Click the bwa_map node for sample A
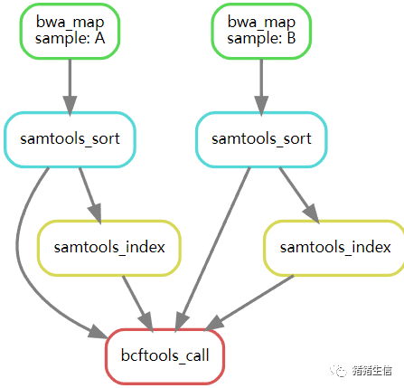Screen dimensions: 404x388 [70, 31]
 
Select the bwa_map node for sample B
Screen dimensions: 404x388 [261, 31]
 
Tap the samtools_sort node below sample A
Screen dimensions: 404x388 [70, 139]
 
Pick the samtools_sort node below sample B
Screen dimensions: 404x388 [261, 139]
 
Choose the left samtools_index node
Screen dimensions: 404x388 [109, 248]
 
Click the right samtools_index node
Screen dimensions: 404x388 [335, 248]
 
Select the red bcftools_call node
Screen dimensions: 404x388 [164, 356]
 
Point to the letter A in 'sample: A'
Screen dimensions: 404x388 [99, 38]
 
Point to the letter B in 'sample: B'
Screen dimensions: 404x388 [291, 38]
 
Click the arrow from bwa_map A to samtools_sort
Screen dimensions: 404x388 [70, 88]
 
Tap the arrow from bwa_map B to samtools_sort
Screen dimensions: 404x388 [261, 88]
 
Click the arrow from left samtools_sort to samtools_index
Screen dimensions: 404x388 [90, 195]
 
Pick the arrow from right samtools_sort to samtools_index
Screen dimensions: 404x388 [299, 195]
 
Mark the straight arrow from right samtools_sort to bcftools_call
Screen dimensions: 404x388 [212, 250]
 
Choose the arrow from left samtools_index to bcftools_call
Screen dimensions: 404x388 [137, 304]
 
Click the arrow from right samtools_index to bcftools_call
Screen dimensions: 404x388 [249, 303]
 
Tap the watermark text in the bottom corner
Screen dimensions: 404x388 [372, 371]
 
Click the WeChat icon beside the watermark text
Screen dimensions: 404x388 [339, 371]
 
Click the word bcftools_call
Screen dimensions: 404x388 [164, 355]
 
